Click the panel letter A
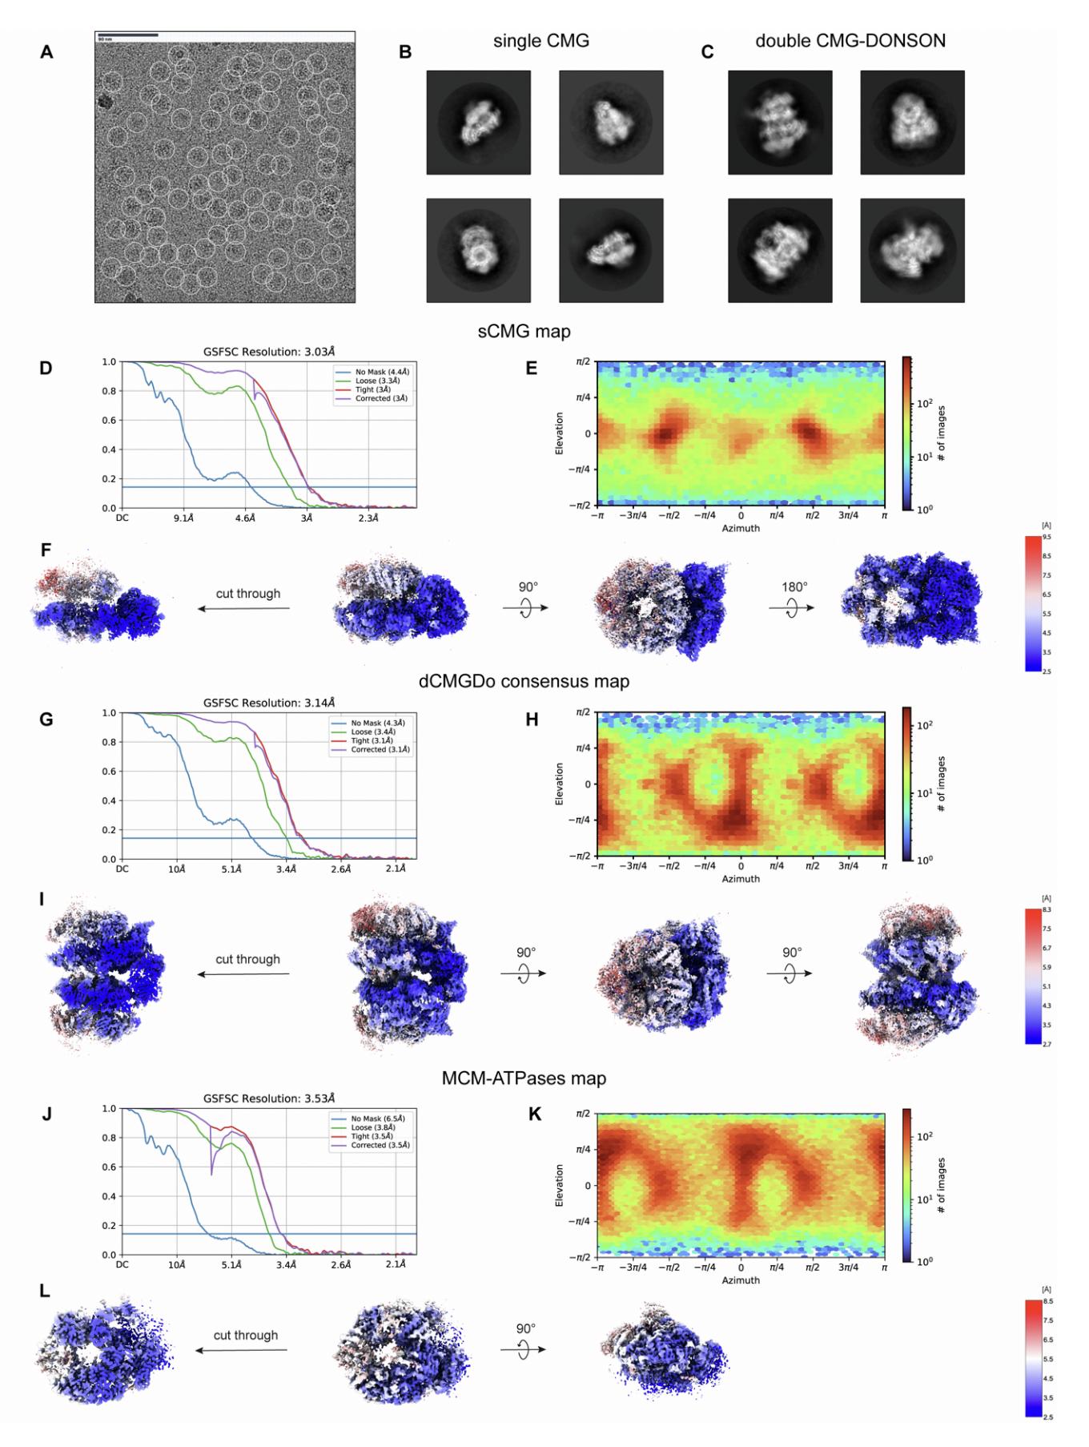point(46,53)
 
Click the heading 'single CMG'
point(541,41)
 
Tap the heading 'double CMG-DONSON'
point(850,41)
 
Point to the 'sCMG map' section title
point(524,331)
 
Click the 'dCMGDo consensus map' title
point(524,682)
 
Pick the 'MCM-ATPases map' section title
point(524,1078)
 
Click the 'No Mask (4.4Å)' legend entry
point(380,372)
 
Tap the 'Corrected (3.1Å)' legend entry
point(380,750)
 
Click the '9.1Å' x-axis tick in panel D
point(183,518)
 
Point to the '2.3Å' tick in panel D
point(368,518)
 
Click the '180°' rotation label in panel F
point(794,586)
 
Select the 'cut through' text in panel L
point(246,1335)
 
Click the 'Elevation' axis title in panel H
point(560,784)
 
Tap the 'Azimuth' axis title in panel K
point(741,1280)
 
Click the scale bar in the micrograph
point(127,35)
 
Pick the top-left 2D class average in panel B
point(478,122)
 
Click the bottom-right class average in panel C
point(912,250)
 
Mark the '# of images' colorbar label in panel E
point(942,433)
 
